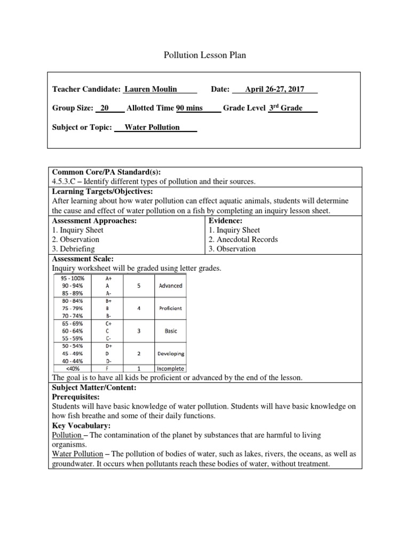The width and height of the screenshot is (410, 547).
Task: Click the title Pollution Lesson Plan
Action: tap(204, 56)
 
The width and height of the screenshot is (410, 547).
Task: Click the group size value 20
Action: tap(105, 108)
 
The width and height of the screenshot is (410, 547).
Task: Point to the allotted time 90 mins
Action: tap(190, 108)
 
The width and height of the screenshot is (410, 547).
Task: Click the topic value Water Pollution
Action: tap(152, 128)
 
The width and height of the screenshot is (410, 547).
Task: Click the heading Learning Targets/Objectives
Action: tap(101, 191)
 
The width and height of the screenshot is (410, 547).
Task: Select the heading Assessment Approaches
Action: tap(94, 221)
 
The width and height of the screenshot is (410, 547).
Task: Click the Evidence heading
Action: tap(226, 221)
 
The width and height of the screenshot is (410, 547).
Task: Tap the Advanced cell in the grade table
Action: tap(170, 286)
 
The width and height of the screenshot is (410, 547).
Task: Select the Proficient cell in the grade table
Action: tap(170, 308)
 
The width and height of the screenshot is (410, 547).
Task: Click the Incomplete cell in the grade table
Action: tap(170, 369)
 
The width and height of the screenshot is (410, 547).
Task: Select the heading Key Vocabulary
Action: tap(82, 426)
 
